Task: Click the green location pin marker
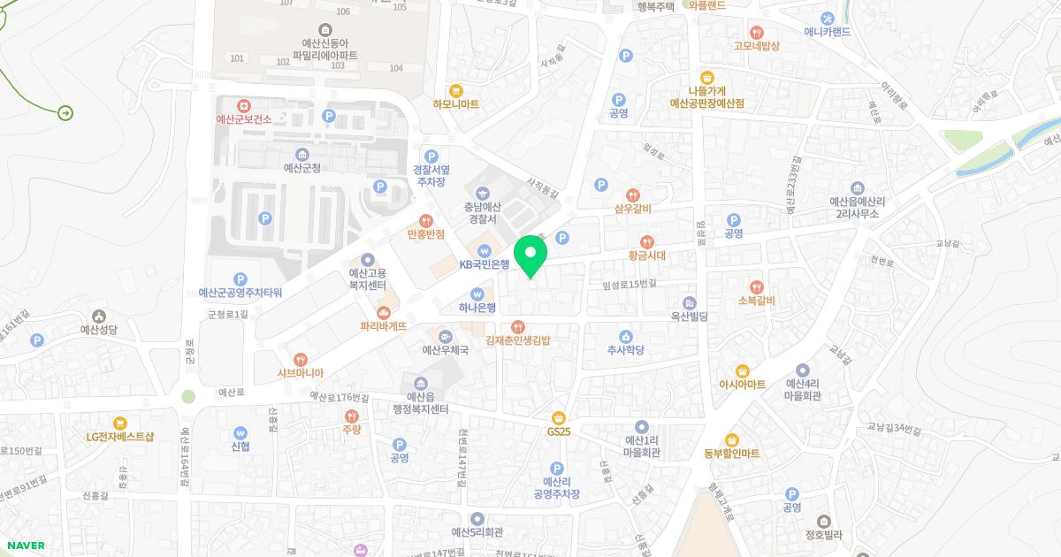(530, 256)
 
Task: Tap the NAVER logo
(23, 546)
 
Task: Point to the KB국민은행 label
(484, 263)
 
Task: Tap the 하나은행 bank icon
(477, 294)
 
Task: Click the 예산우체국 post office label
(445, 349)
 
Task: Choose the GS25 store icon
(558, 417)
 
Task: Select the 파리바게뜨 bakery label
(384, 325)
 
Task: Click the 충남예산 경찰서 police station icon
(483, 193)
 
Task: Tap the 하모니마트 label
(455, 103)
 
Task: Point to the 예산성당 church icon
(99, 317)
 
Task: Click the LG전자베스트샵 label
(119, 436)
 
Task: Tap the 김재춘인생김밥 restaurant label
(518, 340)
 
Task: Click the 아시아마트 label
(743, 385)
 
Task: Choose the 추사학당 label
(625, 350)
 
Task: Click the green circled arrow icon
(65, 113)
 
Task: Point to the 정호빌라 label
(823, 534)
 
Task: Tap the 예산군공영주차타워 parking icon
(240, 279)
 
